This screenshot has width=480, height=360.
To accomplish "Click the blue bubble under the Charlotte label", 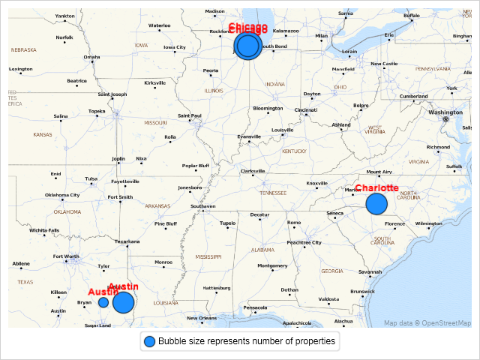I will point(376,203).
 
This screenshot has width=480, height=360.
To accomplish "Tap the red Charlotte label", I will point(376,188).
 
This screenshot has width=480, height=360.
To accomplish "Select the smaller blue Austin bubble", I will point(103,301).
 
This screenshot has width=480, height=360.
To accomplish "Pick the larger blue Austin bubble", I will point(123,302).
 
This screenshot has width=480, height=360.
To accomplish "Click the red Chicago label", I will point(248,28).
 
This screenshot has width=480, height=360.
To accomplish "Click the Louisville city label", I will point(282,130).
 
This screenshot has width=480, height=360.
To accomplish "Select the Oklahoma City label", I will point(62,195).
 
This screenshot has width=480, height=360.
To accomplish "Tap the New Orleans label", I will point(202,318).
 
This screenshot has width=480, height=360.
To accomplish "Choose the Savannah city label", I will point(370,271).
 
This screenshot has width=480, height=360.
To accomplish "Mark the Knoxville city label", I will point(316,183).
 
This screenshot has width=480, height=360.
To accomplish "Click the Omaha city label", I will point(91,57).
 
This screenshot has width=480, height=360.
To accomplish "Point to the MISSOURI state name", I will point(156,122).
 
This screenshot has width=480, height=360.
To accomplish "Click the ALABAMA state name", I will point(262,250).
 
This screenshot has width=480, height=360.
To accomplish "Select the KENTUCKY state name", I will point(295,151).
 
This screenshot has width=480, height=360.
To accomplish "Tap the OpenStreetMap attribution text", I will point(427,323).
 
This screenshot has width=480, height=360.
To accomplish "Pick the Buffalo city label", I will point(412,15).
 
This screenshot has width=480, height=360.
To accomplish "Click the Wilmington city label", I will point(428,223).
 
